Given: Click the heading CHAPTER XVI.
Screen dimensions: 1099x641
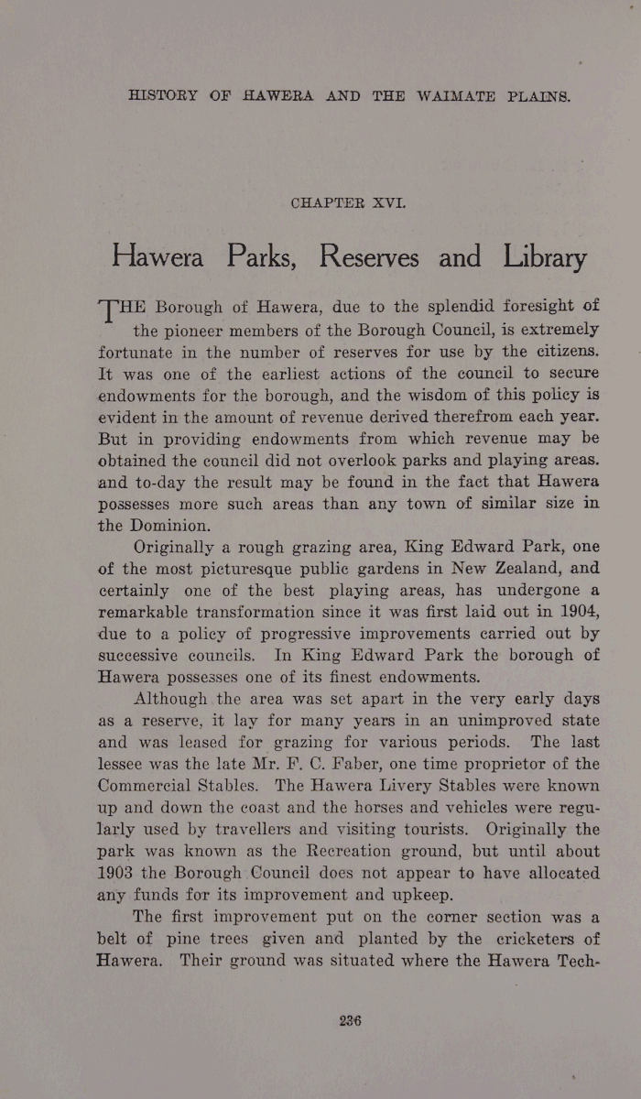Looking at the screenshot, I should pos(347,202).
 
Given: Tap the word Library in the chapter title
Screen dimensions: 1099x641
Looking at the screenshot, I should pos(544,257).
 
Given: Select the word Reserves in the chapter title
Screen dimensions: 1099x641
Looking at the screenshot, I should pos(369,257).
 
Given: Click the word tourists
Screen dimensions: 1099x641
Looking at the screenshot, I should pos(418,829).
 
